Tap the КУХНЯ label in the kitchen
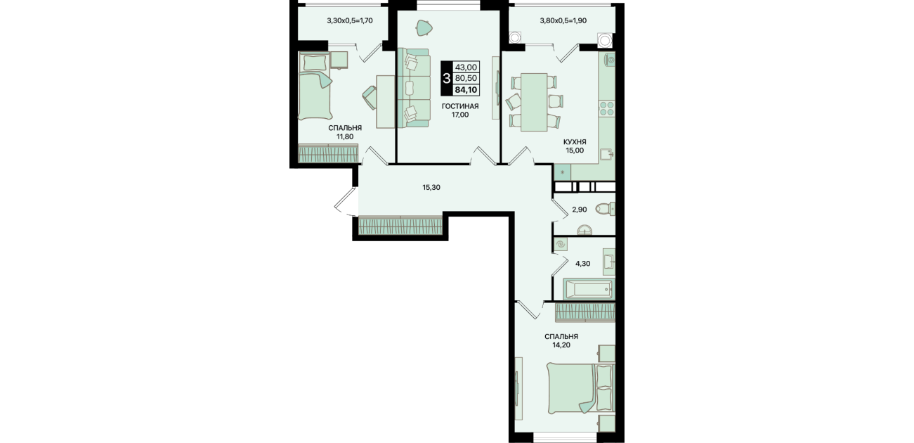(x=575, y=141)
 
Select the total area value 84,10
(x=466, y=90)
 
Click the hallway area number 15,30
(x=431, y=188)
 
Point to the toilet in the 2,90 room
(x=605, y=209)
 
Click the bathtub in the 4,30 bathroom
(x=588, y=290)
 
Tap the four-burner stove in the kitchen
(x=606, y=108)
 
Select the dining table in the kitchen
(x=534, y=102)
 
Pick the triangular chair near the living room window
(x=424, y=27)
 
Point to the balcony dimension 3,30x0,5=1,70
(x=350, y=20)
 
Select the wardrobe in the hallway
(x=400, y=226)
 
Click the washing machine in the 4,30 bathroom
(x=561, y=245)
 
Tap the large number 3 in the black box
(x=446, y=78)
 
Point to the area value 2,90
(x=580, y=210)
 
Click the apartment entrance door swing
(x=345, y=202)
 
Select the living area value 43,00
(x=466, y=67)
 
